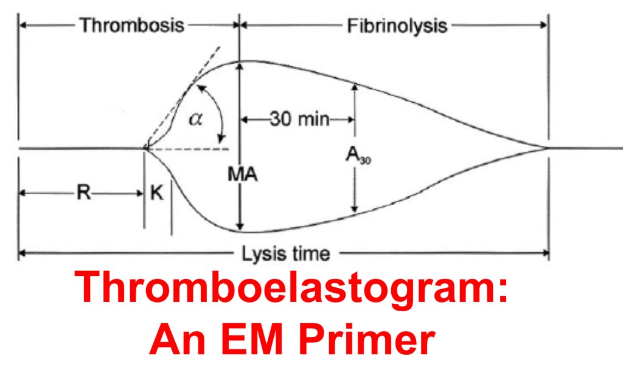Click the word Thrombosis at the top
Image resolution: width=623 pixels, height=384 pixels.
[132, 26]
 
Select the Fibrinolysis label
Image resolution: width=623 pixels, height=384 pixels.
[397, 26]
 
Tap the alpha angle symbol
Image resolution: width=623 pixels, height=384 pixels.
[195, 118]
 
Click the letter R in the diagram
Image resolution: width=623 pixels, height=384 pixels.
[83, 193]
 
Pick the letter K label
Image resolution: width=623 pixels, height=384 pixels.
[158, 193]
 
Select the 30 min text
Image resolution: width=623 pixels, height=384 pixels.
[299, 119]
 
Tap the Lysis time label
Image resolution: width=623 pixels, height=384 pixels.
[286, 253]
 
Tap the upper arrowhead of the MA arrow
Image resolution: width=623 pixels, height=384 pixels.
[241, 67]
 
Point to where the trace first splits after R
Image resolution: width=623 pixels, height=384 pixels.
[145, 148]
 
